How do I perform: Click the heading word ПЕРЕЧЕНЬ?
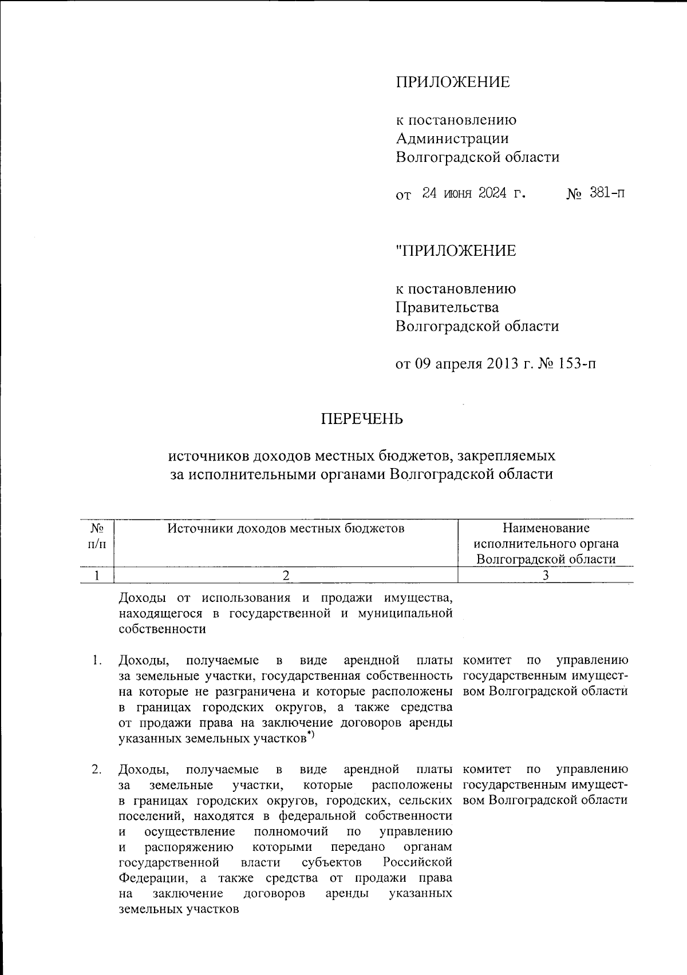(x=361, y=419)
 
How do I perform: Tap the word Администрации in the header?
(x=452, y=138)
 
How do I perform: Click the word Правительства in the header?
(x=447, y=307)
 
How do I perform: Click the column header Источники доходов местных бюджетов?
(x=286, y=528)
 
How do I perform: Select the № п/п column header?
(x=96, y=536)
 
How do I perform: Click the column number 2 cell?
(x=286, y=576)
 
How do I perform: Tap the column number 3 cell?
(x=546, y=576)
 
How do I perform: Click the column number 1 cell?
(x=97, y=576)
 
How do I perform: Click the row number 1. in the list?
(x=97, y=661)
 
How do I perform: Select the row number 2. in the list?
(x=97, y=769)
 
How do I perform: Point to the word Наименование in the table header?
(x=546, y=528)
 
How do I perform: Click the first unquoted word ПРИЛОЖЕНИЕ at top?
(x=452, y=82)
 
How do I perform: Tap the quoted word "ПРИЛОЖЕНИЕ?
(x=456, y=251)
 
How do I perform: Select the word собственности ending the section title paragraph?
(x=162, y=629)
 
